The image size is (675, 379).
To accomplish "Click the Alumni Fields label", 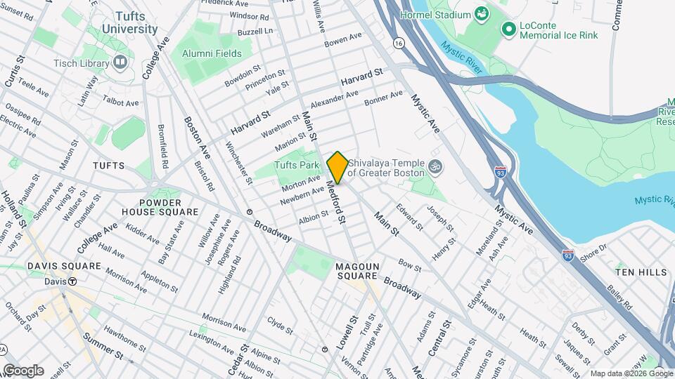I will point(212,53).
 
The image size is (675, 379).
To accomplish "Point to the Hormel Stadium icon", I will point(482,14).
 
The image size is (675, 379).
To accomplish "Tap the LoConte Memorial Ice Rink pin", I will point(508,29).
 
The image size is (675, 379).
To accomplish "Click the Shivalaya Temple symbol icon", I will point(435,168).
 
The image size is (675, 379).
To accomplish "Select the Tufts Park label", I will point(297,166).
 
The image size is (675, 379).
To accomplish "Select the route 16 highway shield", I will point(399,43).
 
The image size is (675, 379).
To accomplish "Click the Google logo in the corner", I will point(23,370).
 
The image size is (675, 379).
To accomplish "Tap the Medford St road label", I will point(336,204).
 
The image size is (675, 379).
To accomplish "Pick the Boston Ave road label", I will point(197,136).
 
